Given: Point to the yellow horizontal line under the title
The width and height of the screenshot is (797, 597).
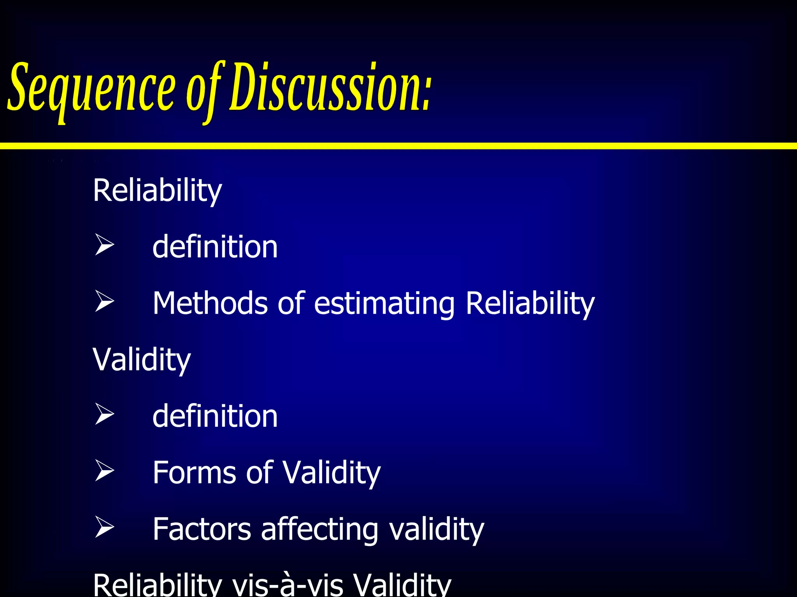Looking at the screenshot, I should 398,146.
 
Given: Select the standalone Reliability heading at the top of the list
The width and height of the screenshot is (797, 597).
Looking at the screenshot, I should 157,190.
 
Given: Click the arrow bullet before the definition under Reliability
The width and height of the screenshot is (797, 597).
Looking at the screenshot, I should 104,245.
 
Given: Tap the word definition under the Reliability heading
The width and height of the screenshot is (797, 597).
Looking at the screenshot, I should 215,247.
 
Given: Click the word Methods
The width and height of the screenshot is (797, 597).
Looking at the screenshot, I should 210,303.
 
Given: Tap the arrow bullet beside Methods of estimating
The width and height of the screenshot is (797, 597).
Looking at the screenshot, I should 104,302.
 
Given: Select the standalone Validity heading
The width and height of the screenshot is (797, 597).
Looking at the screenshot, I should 142,360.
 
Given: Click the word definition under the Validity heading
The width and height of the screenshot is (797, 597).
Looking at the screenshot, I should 215,416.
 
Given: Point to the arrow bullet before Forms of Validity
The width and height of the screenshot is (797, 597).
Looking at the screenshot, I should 104,471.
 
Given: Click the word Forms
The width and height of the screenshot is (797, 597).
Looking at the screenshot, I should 194,473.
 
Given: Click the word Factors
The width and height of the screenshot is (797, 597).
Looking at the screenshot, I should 202,529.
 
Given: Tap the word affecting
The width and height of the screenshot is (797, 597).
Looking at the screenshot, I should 320,530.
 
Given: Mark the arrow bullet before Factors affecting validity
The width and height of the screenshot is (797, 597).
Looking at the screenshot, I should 104,527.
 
